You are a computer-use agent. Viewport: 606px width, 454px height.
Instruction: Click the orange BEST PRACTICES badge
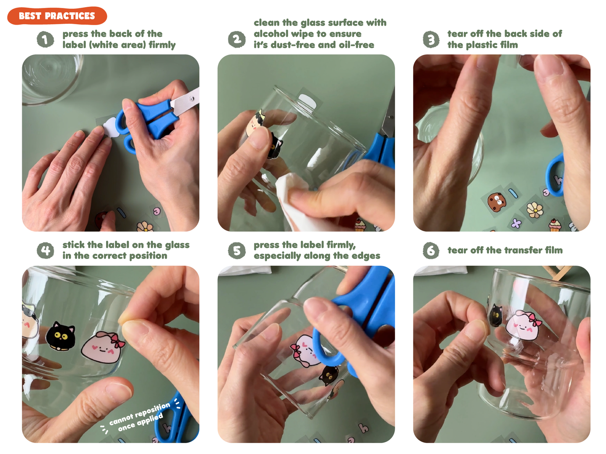pyautogui.click(x=57, y=16)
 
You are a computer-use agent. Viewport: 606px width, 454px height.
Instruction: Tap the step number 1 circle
pyautogui.click(x=45, y=39)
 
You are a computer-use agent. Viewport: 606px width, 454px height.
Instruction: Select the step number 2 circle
pyautogui.click(x=237, y=39)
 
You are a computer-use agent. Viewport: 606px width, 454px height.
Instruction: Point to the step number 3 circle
pyautogui.click(x=431, y=39)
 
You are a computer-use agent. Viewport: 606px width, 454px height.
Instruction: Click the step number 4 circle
pyautogui.click(x=45, y=250)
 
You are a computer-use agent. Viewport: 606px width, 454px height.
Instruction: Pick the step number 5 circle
pyautogui.click(x=237, y=250)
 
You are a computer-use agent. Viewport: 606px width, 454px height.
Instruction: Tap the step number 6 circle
pyautogui.click(x=431, y=250)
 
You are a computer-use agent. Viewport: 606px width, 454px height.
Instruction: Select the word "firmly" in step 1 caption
pyautogui.click(x=162, y=45)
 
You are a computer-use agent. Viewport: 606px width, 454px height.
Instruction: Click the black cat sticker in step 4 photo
pyautogui.click(x=60, y=336)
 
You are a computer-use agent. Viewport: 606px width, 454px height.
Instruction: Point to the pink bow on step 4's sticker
pyautogui.click(x=118, y=340)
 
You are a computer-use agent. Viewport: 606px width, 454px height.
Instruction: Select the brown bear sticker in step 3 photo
pyautogui.click(x=496, y=201)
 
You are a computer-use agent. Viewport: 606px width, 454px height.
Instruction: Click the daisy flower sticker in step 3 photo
pyautogui.click(x=535, y=210)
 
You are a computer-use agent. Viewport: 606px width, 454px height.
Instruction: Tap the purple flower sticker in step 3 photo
pyautogui.click(x=516, y=223)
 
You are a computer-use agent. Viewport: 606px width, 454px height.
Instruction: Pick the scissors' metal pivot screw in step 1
pyautogui.click(x=191, y=98)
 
